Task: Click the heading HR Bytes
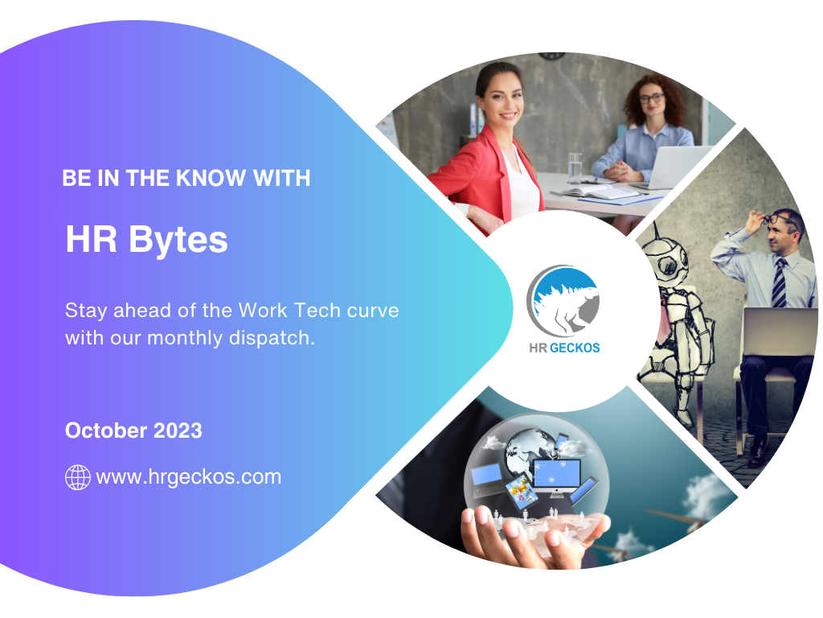point(146,240)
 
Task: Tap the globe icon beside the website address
point(77,477)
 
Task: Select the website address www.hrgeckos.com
point(189,477)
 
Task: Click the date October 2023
point(133,431)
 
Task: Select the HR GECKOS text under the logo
point(564,348)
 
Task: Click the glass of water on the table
point(575,167)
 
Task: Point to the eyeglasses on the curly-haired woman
point(651,98)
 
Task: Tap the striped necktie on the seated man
point(779,282)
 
